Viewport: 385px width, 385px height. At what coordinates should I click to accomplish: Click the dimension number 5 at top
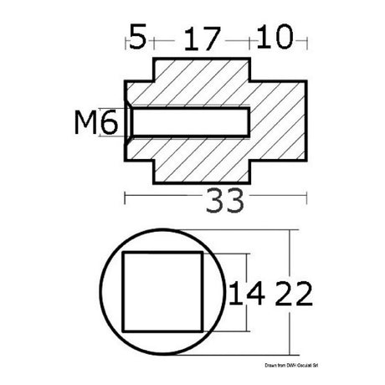click(138, 38)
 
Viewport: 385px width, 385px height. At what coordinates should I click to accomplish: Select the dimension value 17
click(200, 38)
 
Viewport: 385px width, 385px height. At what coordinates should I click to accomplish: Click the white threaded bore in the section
click(188, 123)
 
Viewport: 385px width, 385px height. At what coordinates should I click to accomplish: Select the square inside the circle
click(162, 291)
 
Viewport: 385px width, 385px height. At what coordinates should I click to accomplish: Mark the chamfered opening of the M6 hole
click(129, 123)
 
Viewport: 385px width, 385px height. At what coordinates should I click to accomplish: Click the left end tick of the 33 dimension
click(125, 198)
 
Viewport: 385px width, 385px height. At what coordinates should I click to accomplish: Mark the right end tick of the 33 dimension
click(306, 198)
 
